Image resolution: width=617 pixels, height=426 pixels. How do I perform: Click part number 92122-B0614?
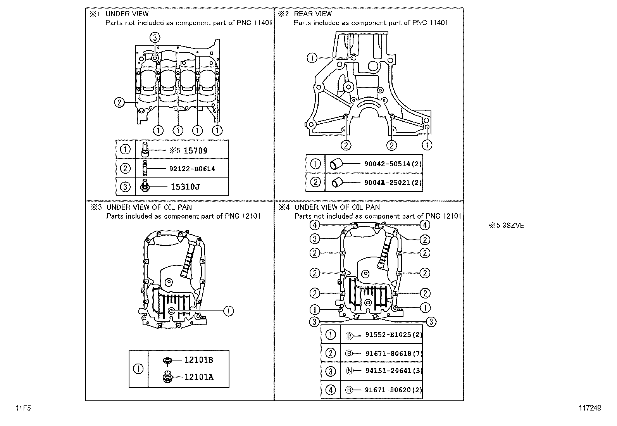pyautogui.click(x=192, y=169)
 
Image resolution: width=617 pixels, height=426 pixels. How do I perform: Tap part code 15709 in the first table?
pyautogui.click(x=195, y=151)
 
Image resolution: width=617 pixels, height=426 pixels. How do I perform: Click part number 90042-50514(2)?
pyautogui.click(x=393, y=164)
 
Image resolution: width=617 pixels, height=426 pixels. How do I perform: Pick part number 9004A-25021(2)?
pyautogui.click(x=393, y=182)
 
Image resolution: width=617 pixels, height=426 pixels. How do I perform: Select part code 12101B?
pyautogui.click(x=198, y=360)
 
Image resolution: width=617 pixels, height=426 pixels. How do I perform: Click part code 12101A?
pyautogui.click(x=198, y=377)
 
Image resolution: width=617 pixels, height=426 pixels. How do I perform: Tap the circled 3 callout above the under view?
pyautogui.click(x=155, y=37)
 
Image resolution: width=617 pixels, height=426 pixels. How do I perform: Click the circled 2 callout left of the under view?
pyautogui.click(x=119, y=102)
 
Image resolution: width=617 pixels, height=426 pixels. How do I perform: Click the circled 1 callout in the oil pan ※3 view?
pyautogui.click(x=228, y=310)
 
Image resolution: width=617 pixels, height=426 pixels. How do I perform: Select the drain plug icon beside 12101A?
pyautogui.click(x=167, y=377)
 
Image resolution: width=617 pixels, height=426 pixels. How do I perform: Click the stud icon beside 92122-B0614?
pyautogui.click(x=145, y=169)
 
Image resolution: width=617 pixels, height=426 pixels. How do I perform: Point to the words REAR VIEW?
pyautogui.click(x=313, y=14)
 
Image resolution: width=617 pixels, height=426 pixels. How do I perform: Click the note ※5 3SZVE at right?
pyautogui.click(x=506, y=226)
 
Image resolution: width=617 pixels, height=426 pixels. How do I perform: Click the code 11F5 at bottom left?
pyautogui.click(x=23, y=408)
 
